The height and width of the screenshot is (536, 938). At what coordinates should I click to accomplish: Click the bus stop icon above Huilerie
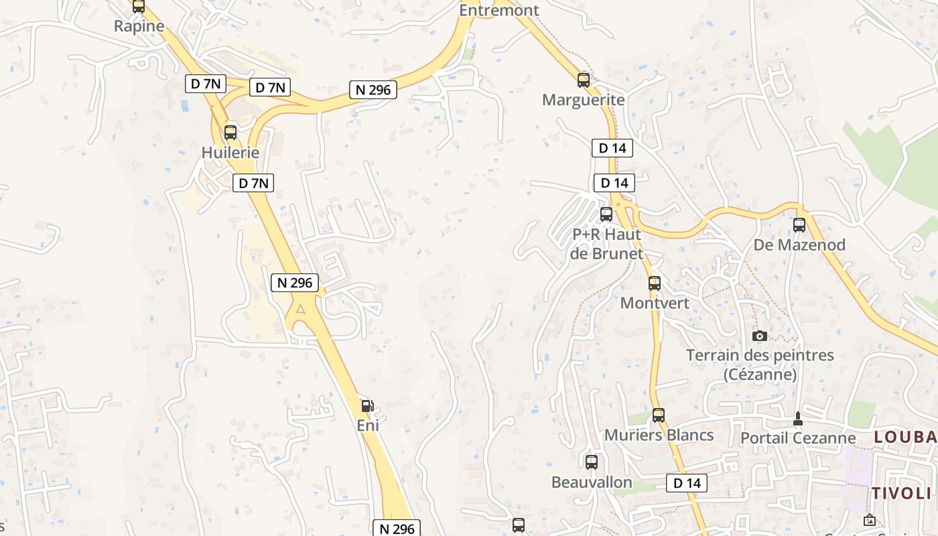pyautogui.click(x=230, y=132)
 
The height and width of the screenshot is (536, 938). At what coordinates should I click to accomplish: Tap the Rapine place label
pyautogui.click(x=139, y=26)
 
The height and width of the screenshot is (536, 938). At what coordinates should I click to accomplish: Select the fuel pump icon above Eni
pyautogui.click(x=367, y=405)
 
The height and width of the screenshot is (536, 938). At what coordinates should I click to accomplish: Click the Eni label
pyautogui.click(x=368, y=425)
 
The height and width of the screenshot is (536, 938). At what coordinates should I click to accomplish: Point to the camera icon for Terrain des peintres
pyautogui.click(x=759, y=336)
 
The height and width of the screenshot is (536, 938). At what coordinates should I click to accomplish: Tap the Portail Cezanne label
pyautogui.click(x=797, y=438)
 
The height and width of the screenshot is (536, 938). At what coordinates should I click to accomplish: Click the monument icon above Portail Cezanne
pyautogui.click(x=797, y=419)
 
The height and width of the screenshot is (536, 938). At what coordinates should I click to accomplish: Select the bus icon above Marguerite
pyautogui.click(x=584, y=80)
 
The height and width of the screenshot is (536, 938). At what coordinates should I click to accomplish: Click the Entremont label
pyautogui.click(x=499, y=10)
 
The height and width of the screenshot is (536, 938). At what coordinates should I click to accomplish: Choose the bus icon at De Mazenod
pyautogui.click(x=799, y=225)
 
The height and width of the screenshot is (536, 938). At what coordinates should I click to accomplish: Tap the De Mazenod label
pyautogui.click(x=799, y=245)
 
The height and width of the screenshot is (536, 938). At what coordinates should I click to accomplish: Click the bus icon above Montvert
pyautogui.click(x=655, y=283)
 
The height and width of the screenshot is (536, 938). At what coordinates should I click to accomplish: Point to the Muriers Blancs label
pyautogui.click(x=659, y=435)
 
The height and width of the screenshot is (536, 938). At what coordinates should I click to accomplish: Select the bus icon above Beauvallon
pyautogui.click(x=592, y=462)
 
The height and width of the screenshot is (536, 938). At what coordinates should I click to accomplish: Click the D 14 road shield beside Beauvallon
pyautogui.click(x=687, y=482)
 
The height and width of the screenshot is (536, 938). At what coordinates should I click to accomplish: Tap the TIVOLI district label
pyautogui.click(x=902, y=494)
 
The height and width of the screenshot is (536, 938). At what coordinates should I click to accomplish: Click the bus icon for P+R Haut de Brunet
pyautogui.click(x=606, y=214)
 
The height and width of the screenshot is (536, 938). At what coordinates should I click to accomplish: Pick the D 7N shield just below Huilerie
pyautogui.click(x=253, y=182)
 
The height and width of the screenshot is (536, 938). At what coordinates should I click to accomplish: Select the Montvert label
pyautogui.click(x=655, y=303)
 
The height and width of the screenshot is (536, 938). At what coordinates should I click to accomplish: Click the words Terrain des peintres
pyautogui.click(x=760, y=355)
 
